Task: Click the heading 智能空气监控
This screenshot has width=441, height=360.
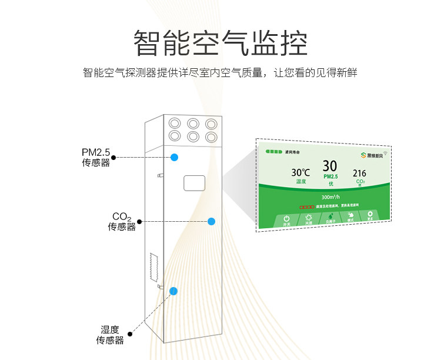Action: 220,43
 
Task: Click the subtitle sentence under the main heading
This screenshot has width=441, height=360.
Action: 220,74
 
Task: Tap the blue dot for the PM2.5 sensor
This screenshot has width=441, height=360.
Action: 175,157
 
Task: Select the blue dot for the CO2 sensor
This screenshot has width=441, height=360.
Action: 212,221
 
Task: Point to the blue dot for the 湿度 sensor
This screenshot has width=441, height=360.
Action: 173,291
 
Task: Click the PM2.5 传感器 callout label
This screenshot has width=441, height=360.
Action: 96,158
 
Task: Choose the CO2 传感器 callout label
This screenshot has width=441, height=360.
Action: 121,221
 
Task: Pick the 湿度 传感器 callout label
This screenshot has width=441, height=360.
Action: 110,335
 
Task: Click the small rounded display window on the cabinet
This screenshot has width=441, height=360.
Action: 194,183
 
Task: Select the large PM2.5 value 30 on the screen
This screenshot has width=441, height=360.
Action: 330,166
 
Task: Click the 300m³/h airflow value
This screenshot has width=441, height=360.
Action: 330,197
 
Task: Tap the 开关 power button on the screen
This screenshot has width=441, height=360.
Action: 287,219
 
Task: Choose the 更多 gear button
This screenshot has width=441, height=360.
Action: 370,216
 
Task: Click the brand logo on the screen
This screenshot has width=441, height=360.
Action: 371,155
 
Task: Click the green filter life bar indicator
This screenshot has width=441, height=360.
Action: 274,152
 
